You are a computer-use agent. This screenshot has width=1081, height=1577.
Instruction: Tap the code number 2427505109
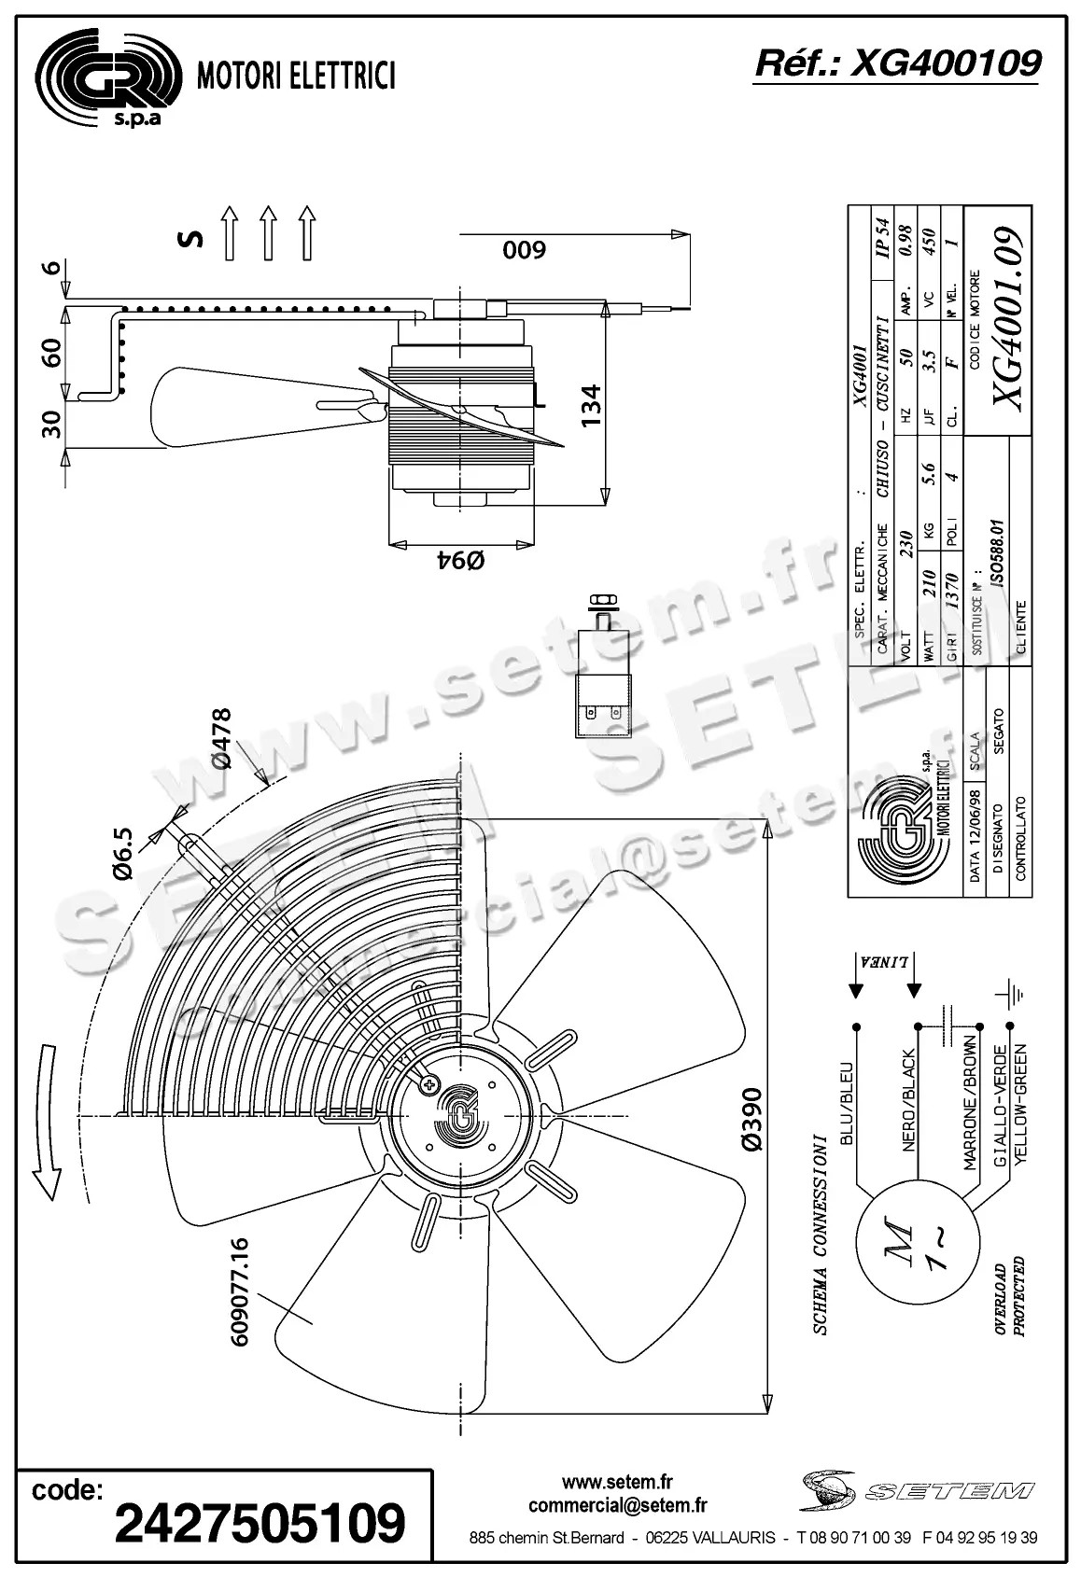(260, 1523)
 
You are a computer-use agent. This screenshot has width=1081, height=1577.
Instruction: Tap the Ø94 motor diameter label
(461, 561)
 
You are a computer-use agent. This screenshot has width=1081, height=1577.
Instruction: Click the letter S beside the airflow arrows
(190, 239)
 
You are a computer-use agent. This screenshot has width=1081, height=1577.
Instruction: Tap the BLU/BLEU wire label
(847, 1101)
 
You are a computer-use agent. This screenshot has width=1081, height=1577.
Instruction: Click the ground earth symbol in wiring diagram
(1011, 995)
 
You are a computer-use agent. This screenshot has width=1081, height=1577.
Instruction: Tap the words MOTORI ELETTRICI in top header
(296, 76)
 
